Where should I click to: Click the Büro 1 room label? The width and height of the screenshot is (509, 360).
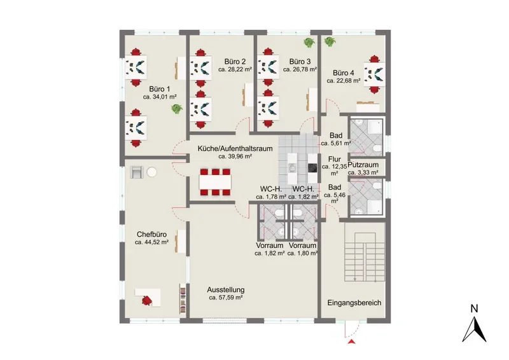[160, 89]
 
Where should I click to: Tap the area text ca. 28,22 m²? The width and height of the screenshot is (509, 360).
[235, 69]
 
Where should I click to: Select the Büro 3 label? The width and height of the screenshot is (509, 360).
[300, 62]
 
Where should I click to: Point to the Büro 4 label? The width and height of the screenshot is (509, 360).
[344, 73]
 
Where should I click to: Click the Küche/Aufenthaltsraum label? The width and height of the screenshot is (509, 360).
[235, 149]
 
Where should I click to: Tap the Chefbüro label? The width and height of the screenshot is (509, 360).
[151, 234]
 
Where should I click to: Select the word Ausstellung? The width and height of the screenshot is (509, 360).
[226, 290]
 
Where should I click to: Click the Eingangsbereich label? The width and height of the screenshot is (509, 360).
[354, 303]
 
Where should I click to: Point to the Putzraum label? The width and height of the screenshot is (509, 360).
[363, 165]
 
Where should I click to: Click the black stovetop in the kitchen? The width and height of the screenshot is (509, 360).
[312, 168]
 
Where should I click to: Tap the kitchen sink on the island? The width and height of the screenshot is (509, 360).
[291, 168]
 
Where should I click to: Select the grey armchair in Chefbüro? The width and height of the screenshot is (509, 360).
[136, 172]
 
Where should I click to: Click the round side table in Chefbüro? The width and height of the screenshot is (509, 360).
[151, 172]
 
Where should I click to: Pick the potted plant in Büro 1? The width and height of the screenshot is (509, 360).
[177, 109]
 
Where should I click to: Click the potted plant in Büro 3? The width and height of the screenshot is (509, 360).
[309, 42]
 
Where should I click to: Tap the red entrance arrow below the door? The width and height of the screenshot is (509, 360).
[351, 342]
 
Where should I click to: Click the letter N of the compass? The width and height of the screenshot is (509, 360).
[474, 308]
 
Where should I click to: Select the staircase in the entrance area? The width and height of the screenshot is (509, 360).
[365, 256]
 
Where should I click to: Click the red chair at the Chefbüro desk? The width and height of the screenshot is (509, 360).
[147, 300]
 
